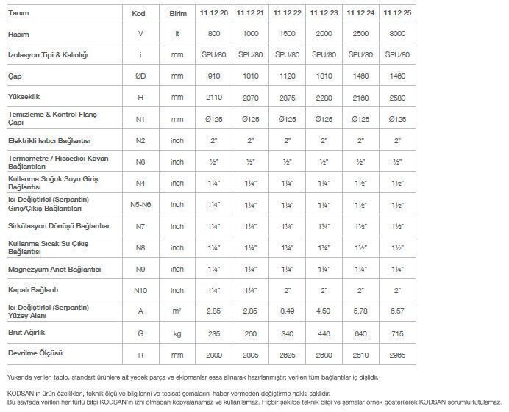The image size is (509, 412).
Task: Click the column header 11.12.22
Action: (287, 13)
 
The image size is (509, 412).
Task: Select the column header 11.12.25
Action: (397, 13)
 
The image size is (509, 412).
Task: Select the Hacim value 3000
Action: (397, 34)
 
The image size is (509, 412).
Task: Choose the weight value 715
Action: (397, 333)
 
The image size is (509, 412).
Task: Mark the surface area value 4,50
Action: (324, 311)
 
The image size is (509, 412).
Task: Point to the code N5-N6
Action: (140, 204)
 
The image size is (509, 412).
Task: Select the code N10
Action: (140, 290)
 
